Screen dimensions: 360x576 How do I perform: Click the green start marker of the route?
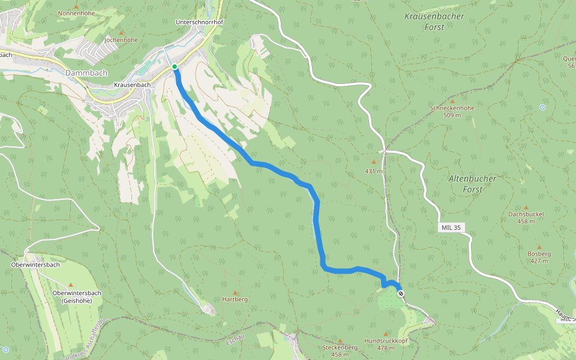tap(175, 67)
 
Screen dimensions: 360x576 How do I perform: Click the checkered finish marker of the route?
tap(401, 293)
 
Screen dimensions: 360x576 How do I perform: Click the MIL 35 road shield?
tap(451, 227)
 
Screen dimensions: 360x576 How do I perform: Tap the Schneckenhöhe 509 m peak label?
tap(452, 111)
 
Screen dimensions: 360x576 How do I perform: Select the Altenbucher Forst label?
tap(472, 184)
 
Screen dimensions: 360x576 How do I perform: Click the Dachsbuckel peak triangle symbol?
tap(526, 207)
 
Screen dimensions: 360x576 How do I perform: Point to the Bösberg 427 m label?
tap(539, 257)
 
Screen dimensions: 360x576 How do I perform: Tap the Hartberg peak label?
tap(235, 299)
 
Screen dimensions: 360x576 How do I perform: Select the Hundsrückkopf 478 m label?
tap(386, 344)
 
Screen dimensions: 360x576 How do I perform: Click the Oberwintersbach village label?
tap(35, 265)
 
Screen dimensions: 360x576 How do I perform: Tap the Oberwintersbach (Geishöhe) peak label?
tap(76, 296)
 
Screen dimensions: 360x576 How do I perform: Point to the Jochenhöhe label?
tap(121, 40)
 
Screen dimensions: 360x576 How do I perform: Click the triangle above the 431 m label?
tap(374, 161)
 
